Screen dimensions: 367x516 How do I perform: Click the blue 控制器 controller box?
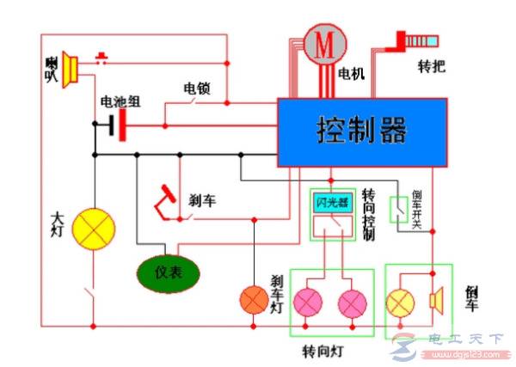(361, 132)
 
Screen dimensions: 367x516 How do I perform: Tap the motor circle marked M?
(323, 45)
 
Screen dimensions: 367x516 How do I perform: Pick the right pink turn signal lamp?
(353, 303)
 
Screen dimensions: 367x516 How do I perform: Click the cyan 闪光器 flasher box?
(331, 204)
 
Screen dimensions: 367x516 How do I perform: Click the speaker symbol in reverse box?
(435, 300)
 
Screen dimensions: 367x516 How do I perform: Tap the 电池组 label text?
(120, 101)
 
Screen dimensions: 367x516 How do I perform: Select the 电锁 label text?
(195, 88)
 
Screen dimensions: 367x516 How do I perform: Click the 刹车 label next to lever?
(201, 200)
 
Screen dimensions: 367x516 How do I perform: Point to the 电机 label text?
(352, 74)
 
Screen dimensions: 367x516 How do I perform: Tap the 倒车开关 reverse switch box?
(400, 211)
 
